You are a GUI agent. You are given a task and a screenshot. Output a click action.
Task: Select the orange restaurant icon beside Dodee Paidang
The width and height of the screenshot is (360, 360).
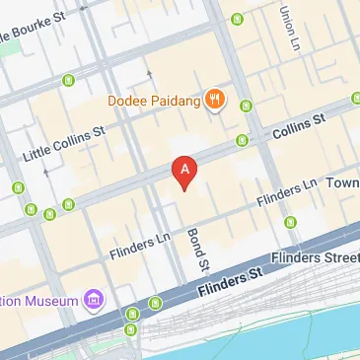pos(215,99)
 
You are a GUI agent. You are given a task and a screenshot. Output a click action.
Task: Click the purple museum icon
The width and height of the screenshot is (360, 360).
pos(93,298)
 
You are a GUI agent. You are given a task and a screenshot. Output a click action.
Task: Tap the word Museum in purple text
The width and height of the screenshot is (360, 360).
pos(56,300)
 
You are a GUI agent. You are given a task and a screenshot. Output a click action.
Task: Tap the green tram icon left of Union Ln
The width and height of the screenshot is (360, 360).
pos(236,19)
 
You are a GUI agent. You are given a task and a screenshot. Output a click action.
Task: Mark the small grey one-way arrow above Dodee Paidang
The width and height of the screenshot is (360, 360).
pos(149,72)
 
